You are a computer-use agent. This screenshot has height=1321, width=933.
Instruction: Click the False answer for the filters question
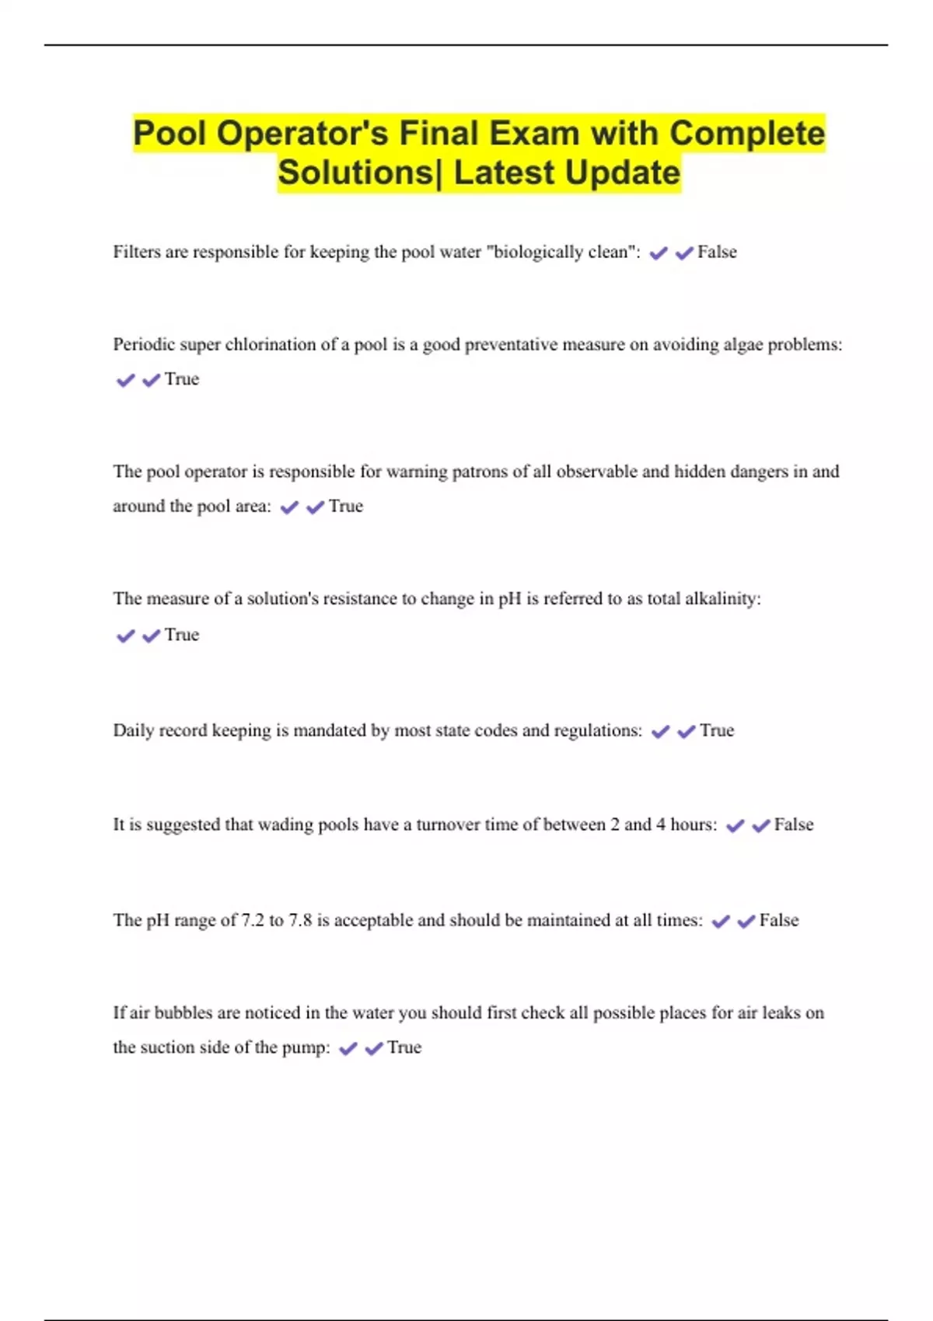(717, 252)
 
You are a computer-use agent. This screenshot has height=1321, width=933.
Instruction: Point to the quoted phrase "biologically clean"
(561, 252)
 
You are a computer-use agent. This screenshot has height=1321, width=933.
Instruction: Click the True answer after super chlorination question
(182, 379)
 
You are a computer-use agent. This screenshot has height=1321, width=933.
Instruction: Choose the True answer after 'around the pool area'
(346, 507)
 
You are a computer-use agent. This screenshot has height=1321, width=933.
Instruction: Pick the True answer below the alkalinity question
(182, 635)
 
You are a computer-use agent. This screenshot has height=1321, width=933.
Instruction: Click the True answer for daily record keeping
(717, 730)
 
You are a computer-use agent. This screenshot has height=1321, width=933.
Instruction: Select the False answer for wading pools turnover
(794, 824)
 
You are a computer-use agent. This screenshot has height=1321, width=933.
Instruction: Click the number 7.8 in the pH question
(300, 920)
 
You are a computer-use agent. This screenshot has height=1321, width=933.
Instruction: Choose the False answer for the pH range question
(779, 920)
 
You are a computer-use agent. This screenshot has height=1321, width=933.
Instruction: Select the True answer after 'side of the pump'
(404, 1047)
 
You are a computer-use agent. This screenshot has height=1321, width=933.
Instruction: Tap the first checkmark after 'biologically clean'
(659, 253)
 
